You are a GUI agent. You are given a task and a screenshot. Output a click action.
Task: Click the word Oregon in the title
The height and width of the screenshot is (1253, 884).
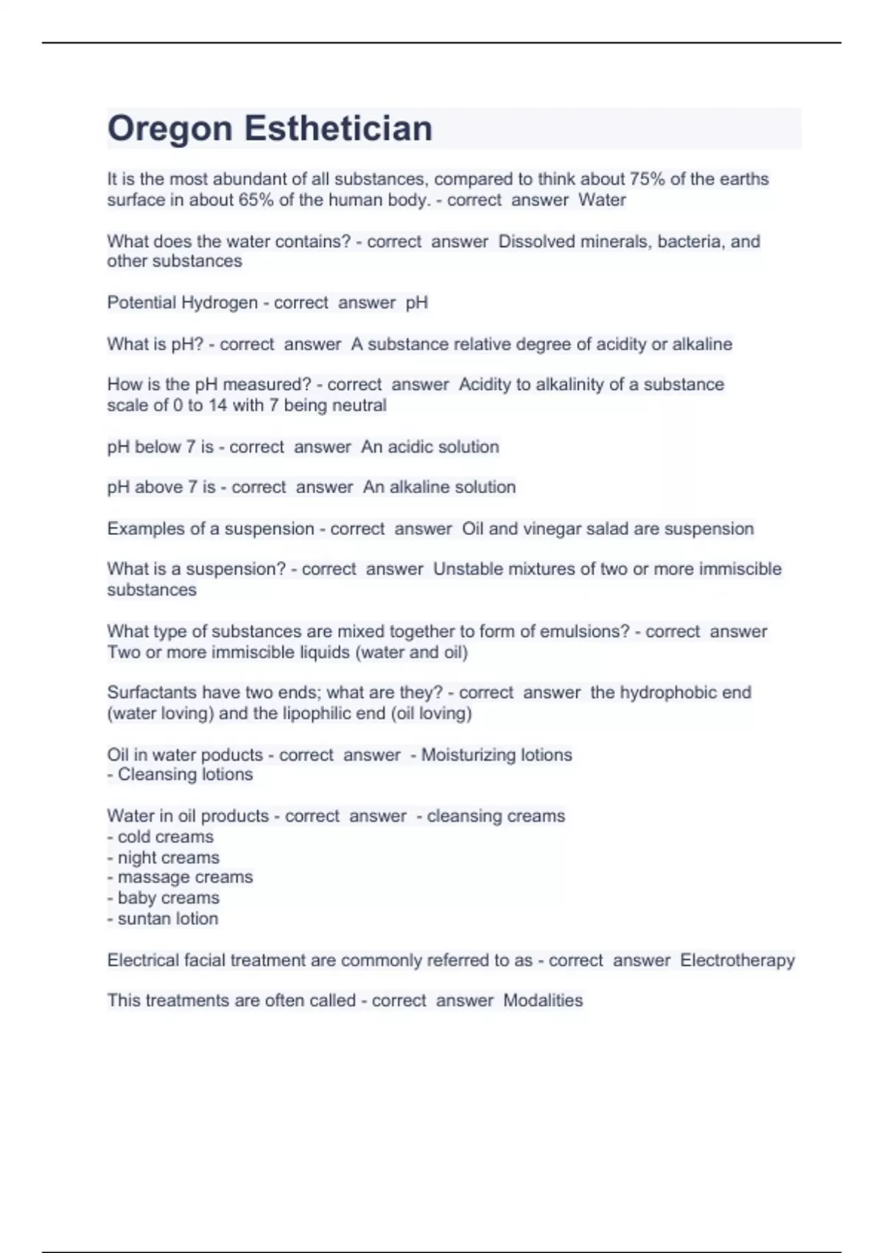point(170,128)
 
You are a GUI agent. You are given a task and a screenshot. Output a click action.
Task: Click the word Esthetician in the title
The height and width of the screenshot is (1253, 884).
point(338,128)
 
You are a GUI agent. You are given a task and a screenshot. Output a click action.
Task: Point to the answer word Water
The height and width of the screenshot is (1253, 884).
point(602,200)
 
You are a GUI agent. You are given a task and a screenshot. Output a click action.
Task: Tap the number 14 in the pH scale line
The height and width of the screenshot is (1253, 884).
point(217,405)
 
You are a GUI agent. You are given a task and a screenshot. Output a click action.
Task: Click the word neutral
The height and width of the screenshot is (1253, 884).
point(360,405)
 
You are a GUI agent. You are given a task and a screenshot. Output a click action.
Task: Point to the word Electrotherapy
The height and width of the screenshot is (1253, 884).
point(737,960)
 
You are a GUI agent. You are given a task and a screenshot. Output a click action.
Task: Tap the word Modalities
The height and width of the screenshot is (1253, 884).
point(543,1000)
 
